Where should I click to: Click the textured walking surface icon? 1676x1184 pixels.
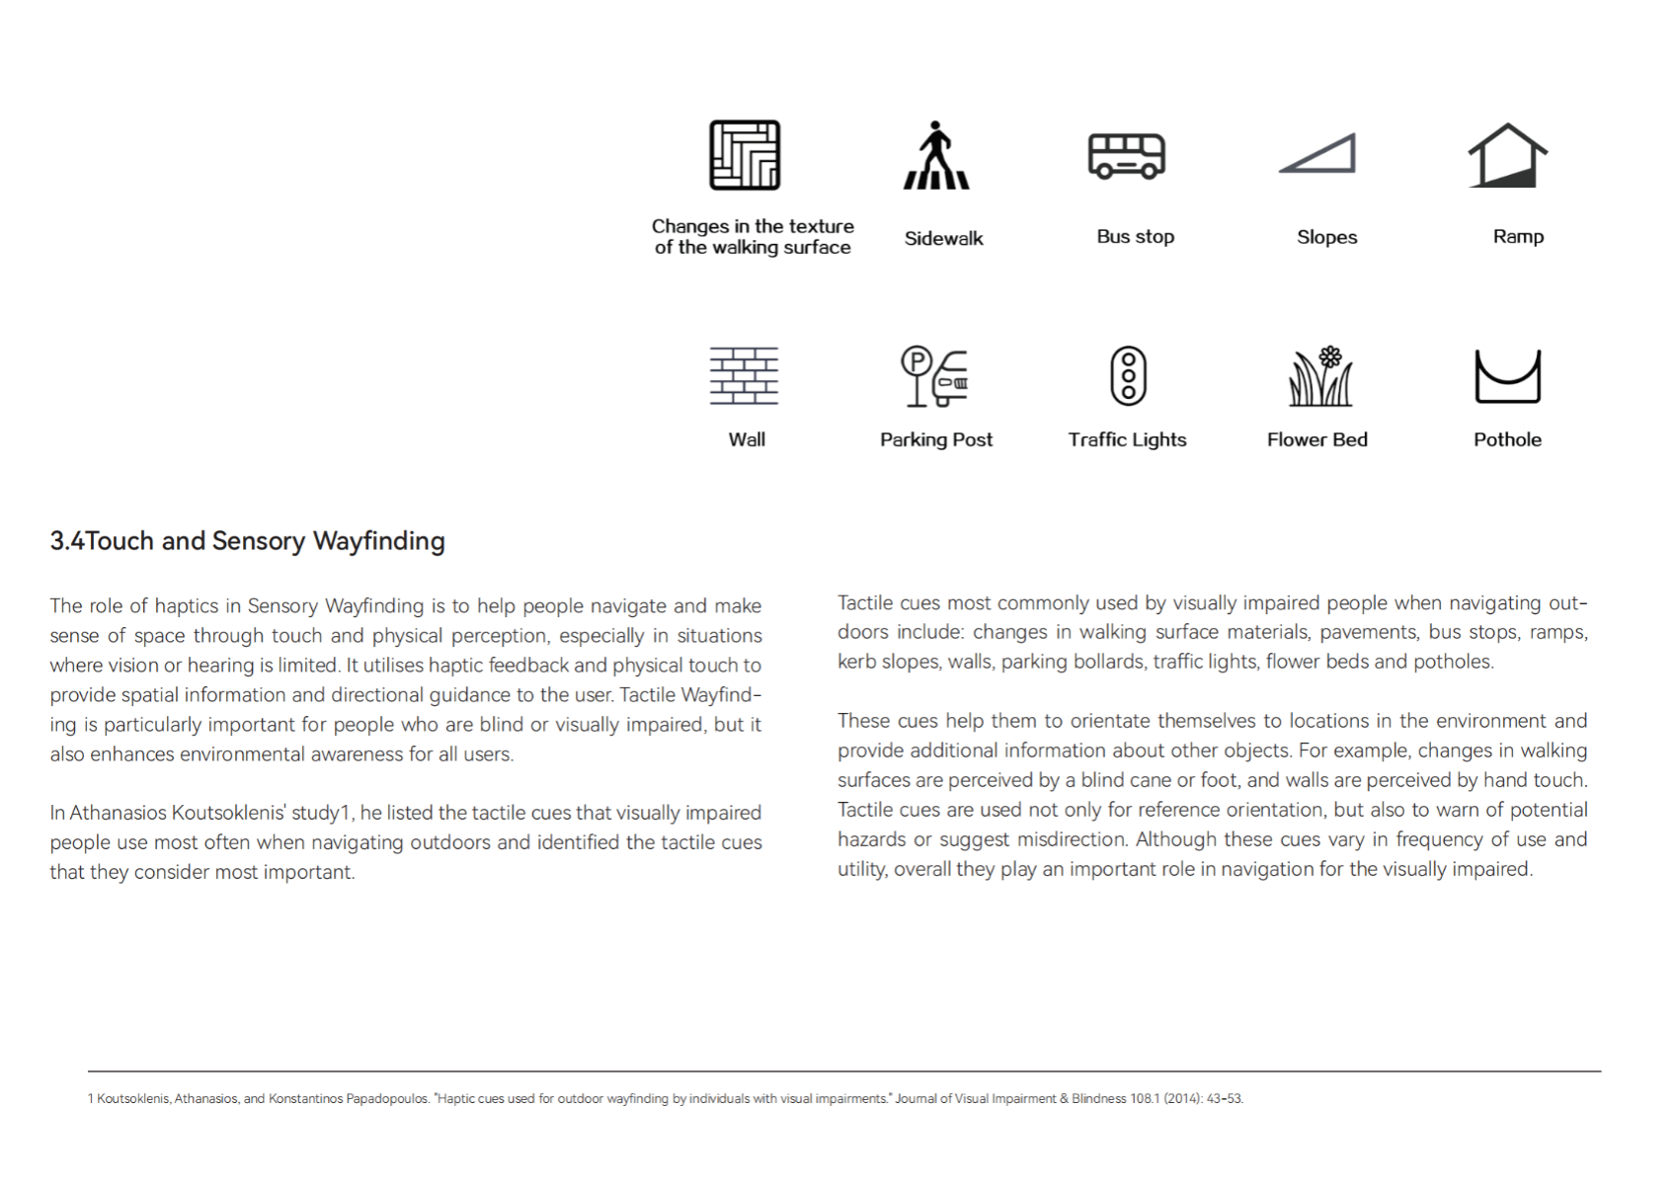[x=745, y=155]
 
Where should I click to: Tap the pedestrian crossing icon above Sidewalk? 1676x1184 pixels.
[x=936, y=156]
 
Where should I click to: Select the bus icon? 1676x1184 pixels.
[x=1127, y=156]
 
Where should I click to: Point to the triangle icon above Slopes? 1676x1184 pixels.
[x=1318, y=154]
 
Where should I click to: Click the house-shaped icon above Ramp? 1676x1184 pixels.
[x=1507, y=156]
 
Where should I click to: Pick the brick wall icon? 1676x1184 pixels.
[x=745, y=376]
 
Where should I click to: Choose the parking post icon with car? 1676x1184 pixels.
[x=935, y=376]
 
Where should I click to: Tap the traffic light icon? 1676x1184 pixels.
[x=1128, y=376]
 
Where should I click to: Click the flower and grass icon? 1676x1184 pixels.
[x=1320, y=376]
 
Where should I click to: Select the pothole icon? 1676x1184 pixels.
[x=1507, y=376]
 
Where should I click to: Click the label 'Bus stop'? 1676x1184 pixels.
[x=1135, y=237]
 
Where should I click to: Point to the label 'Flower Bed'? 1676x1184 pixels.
[x=1317, y=440]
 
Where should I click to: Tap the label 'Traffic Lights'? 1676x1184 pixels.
[x=1127, y=440]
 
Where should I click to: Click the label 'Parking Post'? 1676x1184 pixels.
[x=936, y=440]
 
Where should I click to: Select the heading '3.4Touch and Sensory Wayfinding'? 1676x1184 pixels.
[x=247, y=541]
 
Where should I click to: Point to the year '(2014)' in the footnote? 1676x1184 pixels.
[x=1182, y=1099]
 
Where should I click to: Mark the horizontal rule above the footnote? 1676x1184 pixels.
[x=844, y=1071]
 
